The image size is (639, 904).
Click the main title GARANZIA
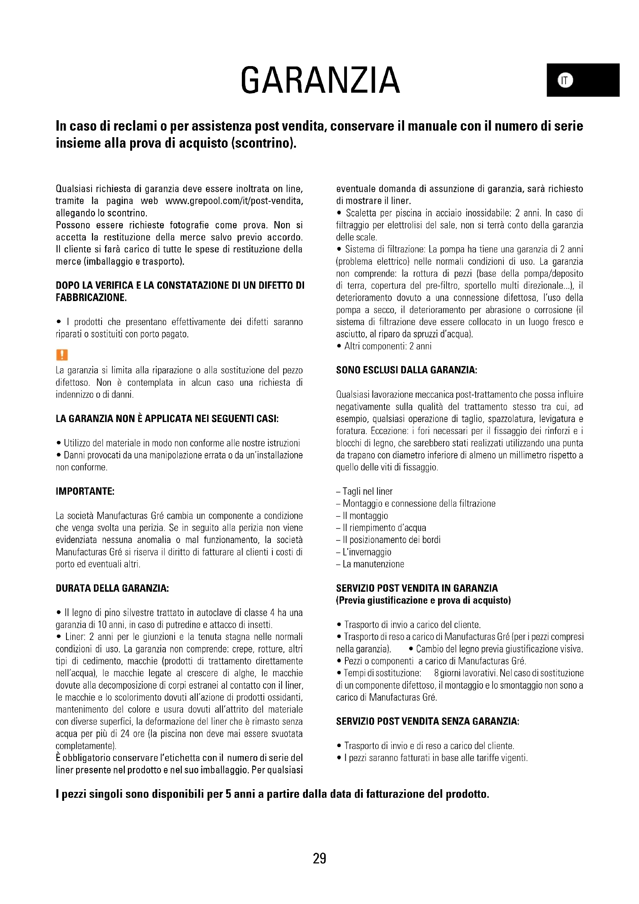click(320, 80)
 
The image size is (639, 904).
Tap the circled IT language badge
click(565, 80)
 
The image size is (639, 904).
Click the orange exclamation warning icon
click(62, 355)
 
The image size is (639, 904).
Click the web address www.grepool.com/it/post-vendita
click(234, 201)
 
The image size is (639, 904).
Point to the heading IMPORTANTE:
click(85, 491)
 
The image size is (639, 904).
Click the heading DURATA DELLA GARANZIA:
click(112, 588)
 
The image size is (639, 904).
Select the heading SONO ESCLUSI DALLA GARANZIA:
click(406, 370)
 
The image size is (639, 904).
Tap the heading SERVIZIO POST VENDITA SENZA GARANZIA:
click(427, 721)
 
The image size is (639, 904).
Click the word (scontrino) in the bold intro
click(263, 143)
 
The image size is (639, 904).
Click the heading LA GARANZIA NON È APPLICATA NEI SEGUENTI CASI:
click(167, 419)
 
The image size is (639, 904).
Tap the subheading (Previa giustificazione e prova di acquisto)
click(423, 601)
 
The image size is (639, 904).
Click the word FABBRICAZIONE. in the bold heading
click(91, 298)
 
